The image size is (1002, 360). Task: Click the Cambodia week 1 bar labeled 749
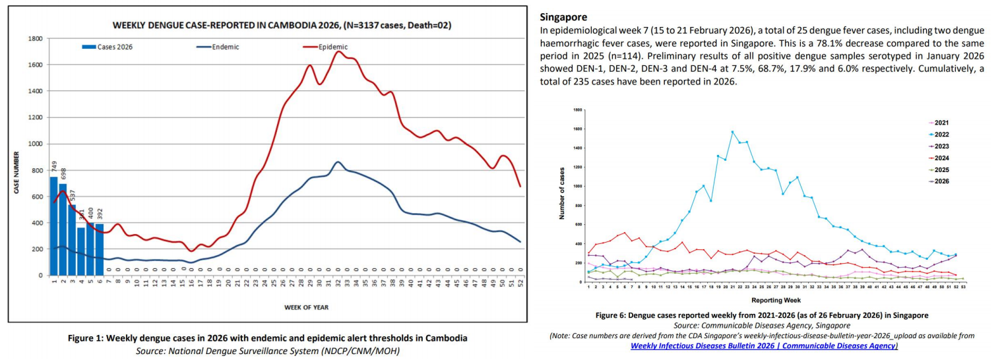(x=54, y=226)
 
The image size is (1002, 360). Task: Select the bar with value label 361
(x=81, y=251)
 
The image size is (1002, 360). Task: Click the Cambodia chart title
(x=282, y=26)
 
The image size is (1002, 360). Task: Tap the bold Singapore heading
(x=563, y=16)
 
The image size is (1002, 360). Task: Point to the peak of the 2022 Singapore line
(x=732, y=132)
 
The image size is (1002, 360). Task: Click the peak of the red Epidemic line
(x=338, y=51)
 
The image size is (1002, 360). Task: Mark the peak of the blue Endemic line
(x=338, y=162)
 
